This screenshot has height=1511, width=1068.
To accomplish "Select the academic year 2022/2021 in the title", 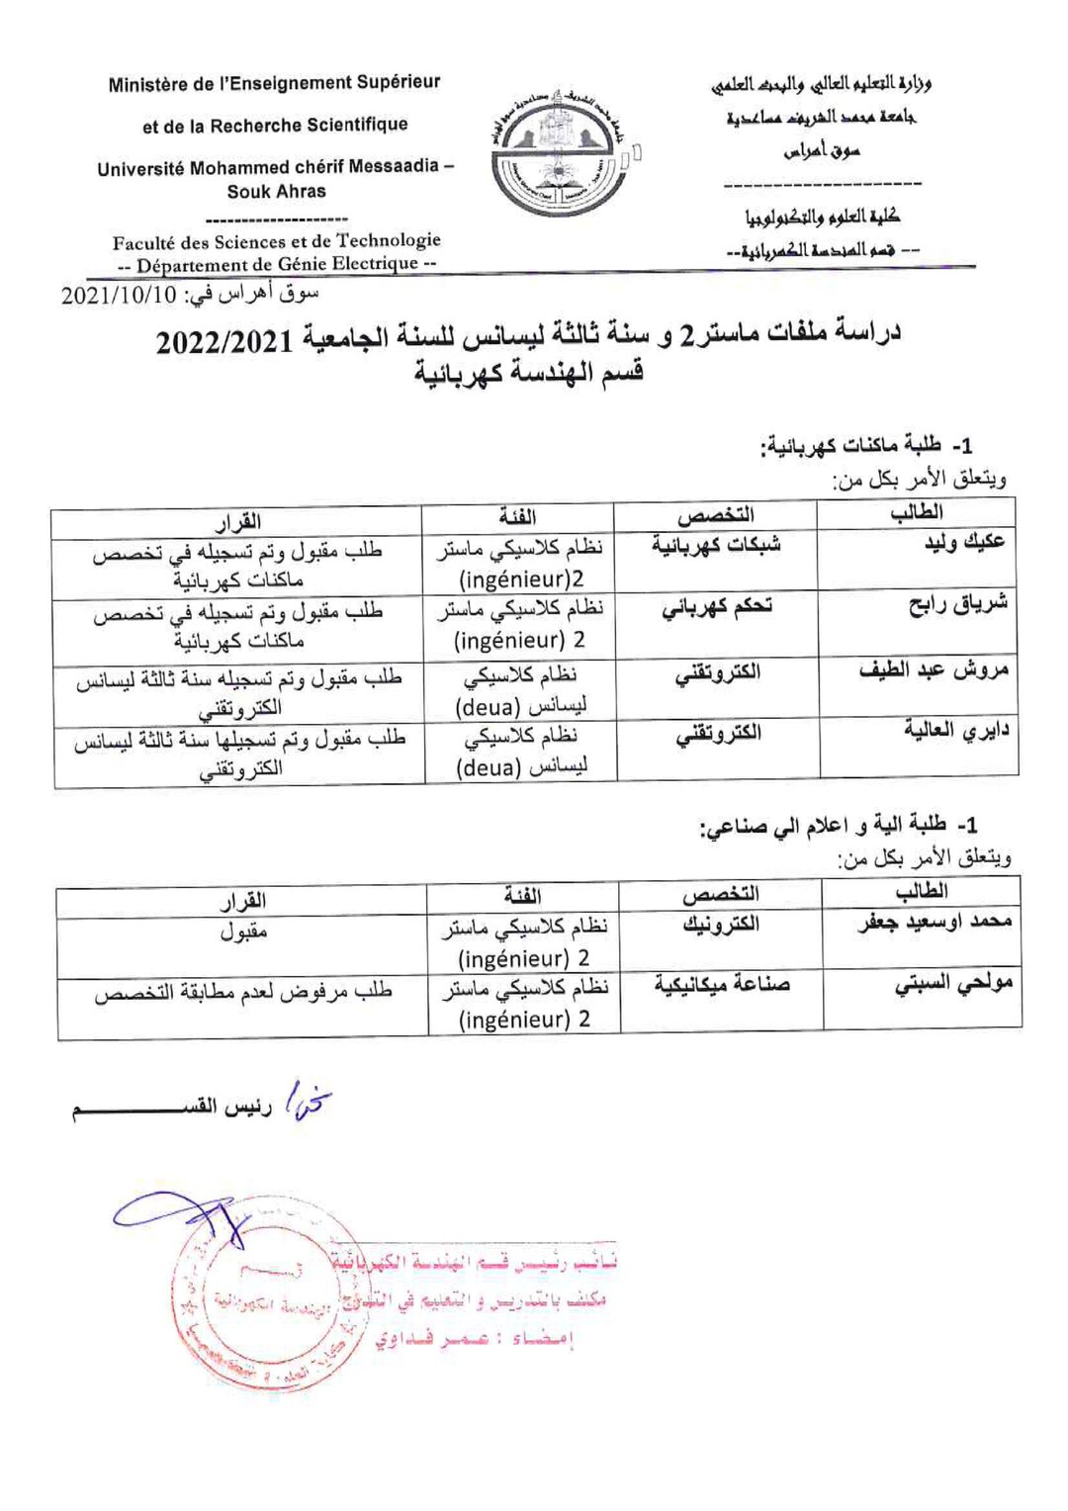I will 224,342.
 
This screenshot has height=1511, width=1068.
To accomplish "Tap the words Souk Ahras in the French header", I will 276,192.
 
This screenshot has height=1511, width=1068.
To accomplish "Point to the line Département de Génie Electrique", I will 277,264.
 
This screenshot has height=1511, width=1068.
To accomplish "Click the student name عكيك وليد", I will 964,542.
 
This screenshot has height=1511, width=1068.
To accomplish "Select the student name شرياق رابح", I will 957,603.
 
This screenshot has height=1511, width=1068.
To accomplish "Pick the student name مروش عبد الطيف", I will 934,670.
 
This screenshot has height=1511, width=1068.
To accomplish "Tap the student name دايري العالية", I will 955,731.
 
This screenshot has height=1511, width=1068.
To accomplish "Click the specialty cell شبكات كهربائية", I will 716,545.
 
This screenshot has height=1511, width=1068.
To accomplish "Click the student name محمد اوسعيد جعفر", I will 934,923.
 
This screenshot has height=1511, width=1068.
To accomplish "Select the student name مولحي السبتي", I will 953,984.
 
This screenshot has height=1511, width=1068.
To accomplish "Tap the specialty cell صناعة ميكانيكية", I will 722,985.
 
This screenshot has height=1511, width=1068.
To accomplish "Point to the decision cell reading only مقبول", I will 243,932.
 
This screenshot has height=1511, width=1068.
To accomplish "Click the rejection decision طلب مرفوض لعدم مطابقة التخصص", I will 243,991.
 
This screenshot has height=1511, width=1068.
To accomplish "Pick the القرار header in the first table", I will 238,520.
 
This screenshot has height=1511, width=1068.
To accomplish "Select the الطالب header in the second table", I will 921,892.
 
